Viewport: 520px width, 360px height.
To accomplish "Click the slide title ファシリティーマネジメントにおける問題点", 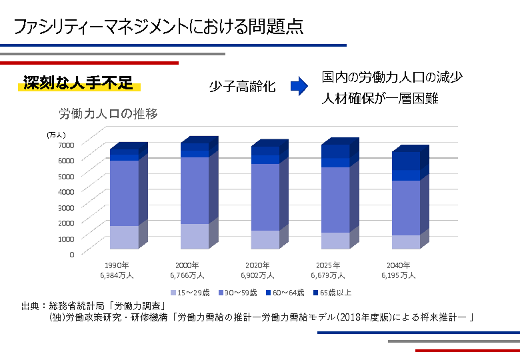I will (158, 26).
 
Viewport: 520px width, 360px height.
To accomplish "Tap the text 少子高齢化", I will (242, 86).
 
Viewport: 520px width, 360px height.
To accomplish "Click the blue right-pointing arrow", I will (298, 85).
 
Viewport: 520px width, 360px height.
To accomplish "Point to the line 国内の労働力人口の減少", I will (392, 77).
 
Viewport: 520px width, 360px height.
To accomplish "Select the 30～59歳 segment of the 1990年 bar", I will (124, 193).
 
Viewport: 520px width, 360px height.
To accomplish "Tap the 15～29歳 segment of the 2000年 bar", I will (195, 236).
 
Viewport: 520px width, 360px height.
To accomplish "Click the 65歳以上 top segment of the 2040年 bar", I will (406, 161).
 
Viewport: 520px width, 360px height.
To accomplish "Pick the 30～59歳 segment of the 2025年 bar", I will (335, 199).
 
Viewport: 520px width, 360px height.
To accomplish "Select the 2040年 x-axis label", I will (398, 265).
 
